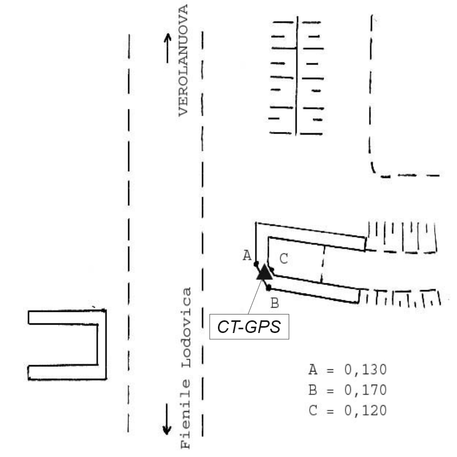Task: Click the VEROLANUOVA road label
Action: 183,60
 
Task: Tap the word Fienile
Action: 186,414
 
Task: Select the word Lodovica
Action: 186,328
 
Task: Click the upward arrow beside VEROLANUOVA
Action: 168,48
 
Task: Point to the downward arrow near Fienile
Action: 167,419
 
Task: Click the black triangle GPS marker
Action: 264,272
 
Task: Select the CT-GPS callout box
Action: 249,327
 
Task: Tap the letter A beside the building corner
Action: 247,255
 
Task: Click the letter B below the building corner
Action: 274,303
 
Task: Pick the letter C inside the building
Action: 283,259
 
